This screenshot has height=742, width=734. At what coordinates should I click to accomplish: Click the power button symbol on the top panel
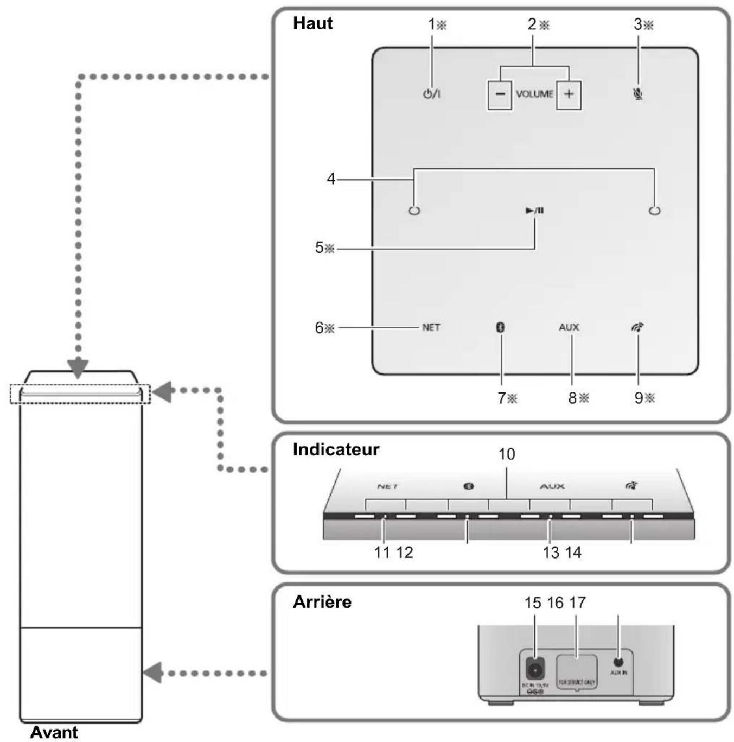tap(431, 94)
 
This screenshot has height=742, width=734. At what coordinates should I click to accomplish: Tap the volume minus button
tap(500, 94)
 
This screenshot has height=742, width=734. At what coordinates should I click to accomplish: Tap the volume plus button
tap(569, 94)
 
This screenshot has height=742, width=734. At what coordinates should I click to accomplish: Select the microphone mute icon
tap(638, 94)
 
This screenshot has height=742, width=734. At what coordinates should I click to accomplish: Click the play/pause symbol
tap(534, 211)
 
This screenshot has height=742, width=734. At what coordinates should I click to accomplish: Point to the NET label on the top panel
tap(431, 327)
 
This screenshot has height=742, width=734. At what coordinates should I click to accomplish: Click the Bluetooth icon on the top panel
tap(501, 327)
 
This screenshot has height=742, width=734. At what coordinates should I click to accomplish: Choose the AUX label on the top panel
tap(569, 327)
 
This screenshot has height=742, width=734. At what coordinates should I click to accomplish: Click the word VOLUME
tap(534, 94)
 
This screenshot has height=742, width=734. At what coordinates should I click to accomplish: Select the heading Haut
tap(312, 23)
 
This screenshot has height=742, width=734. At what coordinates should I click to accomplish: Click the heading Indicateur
tap(336, 449)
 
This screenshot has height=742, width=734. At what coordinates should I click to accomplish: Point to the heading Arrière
tap(322, 602)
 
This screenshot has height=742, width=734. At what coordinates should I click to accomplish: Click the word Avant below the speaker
tap(54, 732)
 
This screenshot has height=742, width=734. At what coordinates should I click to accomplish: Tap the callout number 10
tap(506, 454)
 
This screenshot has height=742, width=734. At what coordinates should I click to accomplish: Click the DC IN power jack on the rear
tap(534, 671)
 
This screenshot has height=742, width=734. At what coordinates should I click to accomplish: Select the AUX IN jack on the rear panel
tap(618, 662)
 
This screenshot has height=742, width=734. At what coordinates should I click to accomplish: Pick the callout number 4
tap(331, 179)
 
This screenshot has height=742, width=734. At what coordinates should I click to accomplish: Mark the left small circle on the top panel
tap(414, 211)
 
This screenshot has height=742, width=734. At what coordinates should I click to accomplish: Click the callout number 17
tap(577, 603)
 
